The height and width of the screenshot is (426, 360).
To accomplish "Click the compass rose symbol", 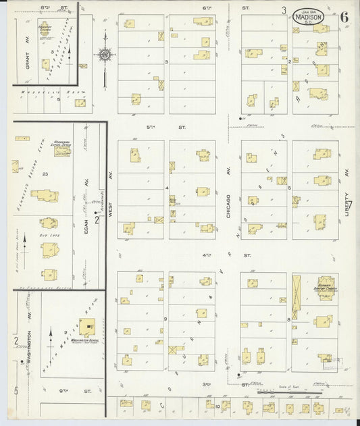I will pos(105,55).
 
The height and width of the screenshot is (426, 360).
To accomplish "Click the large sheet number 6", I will pos(344,17).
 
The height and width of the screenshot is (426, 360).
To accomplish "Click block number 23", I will pos(45,174).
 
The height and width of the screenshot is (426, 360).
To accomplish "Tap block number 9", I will pos(165,318).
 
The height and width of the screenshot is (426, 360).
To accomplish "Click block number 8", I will pos(288,318).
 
